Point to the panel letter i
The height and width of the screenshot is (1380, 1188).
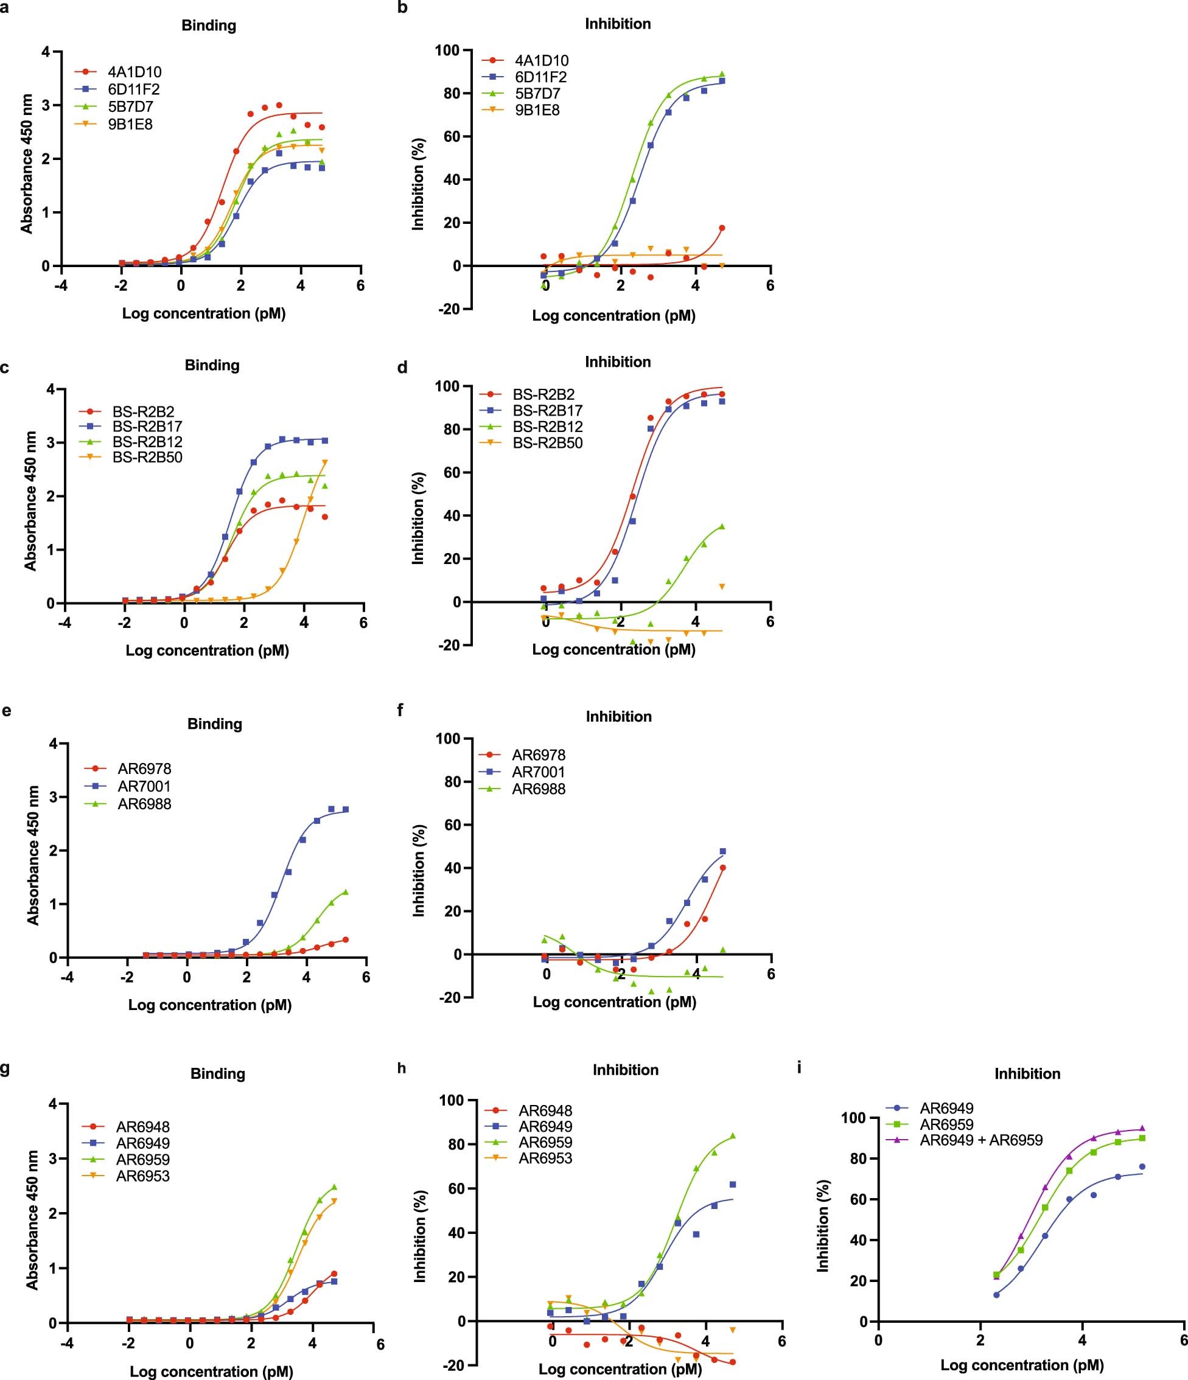[799, 1068]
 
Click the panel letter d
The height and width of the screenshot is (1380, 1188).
[402, 368]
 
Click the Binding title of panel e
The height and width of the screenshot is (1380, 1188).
[215, 724]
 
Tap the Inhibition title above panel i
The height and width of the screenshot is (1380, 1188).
[1027, 1073]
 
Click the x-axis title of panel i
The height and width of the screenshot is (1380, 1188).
[1021, 1365]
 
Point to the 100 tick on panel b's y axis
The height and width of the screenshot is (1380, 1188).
[447, 51]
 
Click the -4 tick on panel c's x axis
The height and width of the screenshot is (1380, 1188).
[65, 624]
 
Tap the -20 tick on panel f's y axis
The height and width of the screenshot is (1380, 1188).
[449, 997]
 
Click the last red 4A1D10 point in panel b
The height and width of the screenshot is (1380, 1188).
[722, 228]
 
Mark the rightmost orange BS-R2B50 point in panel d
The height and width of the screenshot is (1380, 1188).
[722, 586]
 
